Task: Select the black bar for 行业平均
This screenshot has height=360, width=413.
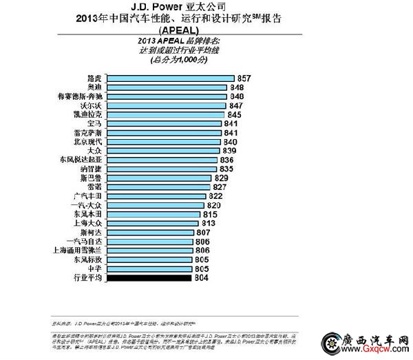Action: (148, 278)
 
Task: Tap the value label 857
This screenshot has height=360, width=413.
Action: (242, 79)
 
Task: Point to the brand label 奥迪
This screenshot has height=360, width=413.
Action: (95, 88)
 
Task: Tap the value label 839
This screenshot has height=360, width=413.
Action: (229, 151)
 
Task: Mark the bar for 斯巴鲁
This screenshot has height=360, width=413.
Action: (160, 178)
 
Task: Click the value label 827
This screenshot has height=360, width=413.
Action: (220, 187)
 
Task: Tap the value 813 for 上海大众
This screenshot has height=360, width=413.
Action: (209, 224)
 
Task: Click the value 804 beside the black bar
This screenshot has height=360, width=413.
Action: (202, 278)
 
